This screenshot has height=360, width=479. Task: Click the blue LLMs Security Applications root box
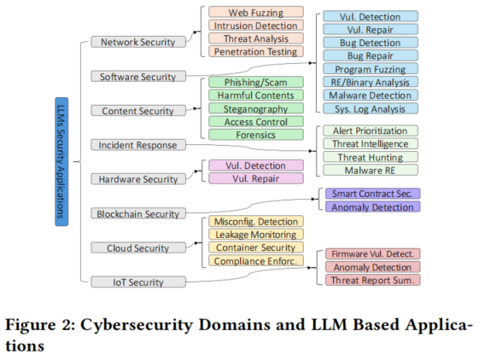tap(61, 161)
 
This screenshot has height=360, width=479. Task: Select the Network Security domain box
tap(138, 42)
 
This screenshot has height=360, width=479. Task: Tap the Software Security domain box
tap(138, 76)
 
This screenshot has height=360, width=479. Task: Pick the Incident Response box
tap(138, 145)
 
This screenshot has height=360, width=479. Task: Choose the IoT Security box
tap(138, 282)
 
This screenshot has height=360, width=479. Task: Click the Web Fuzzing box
tap(256, 12)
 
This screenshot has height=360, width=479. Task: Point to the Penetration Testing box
tap(256, 51)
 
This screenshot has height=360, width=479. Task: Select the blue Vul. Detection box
tap(371, 16)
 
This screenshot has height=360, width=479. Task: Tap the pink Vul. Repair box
tap(256, 178)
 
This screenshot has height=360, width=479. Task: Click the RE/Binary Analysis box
tap(371, 82)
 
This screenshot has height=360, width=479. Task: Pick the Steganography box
tap(256, 108)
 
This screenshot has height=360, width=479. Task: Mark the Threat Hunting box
tap(371, 157)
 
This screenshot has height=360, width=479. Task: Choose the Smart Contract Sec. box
tap(372, 194)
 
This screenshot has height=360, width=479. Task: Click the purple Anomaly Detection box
tap(372, 206)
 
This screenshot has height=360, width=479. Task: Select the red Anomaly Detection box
tap(372, 267)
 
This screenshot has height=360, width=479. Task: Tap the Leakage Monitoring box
tap(256, 235)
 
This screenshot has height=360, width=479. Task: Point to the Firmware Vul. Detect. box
tap(372, 253)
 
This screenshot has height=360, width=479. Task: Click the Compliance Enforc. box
tap(256, 260)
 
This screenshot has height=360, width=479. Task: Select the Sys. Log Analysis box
tap(371, 108)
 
